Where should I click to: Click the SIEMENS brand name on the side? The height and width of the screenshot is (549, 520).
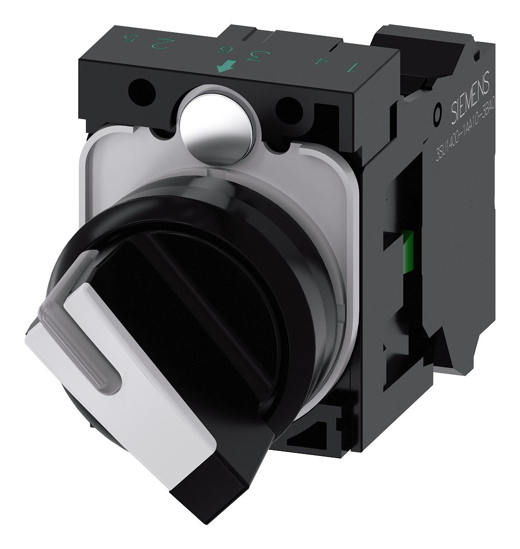coord(470,98)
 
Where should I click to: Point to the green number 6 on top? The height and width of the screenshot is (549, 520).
coord(223,50)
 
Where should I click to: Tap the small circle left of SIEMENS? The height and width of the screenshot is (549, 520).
coord(437,117)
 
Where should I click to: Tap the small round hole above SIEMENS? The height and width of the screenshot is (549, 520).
coord(477,54)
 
